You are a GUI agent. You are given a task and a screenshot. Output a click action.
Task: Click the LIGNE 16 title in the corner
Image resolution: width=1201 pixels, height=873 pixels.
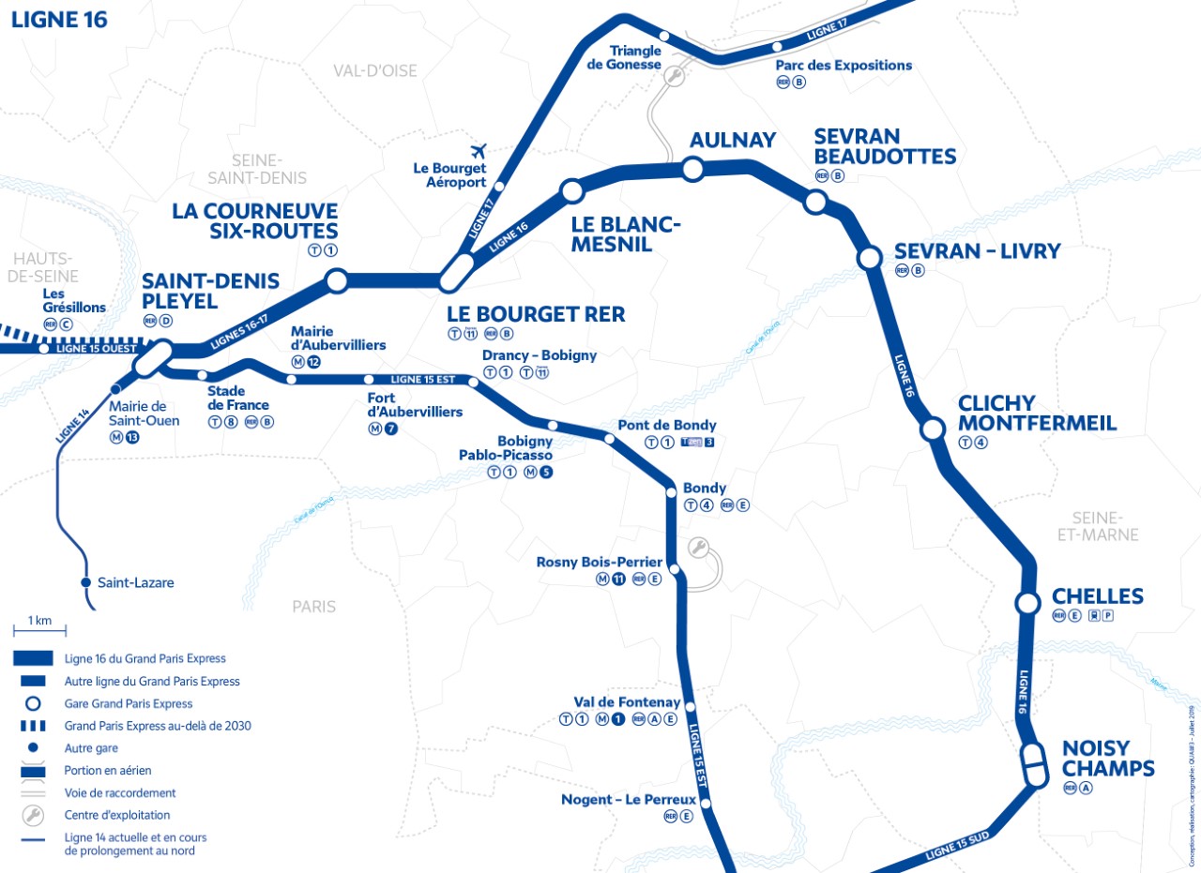point(59,20)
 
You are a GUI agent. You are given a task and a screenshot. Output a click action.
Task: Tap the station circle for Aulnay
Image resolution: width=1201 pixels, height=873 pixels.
point(692,169)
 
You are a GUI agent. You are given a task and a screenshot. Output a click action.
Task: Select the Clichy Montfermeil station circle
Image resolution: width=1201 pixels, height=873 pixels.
point(933,429)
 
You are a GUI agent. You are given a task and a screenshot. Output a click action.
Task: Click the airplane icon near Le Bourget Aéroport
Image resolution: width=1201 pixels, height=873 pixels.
point(479,150)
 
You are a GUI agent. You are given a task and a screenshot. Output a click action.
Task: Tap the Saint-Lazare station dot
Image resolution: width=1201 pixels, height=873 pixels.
point(86,582)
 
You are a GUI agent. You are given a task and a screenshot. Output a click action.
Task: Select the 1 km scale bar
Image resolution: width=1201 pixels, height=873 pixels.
point(39,630)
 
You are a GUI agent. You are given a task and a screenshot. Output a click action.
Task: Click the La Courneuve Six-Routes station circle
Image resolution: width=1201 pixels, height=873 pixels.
point(335,279)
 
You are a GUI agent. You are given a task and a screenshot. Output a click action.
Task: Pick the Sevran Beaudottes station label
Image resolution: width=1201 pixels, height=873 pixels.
point(884,146)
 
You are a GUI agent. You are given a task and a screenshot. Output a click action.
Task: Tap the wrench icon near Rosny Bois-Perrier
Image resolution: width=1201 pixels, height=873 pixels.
point(698,548)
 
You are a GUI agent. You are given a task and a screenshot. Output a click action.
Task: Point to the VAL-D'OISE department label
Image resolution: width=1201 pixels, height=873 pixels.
point(375,70)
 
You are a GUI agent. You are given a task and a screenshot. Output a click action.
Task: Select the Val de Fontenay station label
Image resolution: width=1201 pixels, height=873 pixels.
point(627,701)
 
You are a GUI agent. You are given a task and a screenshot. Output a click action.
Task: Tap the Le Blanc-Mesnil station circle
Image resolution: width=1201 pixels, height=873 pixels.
point(570,192)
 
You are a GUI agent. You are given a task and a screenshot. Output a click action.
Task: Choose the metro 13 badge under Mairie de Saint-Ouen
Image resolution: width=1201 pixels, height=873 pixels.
point(131,437)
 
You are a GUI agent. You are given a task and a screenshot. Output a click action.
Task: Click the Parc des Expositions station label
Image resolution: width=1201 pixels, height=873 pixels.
point(844,66)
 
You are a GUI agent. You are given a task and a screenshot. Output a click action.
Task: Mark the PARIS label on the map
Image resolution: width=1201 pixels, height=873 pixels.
point(313,607)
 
